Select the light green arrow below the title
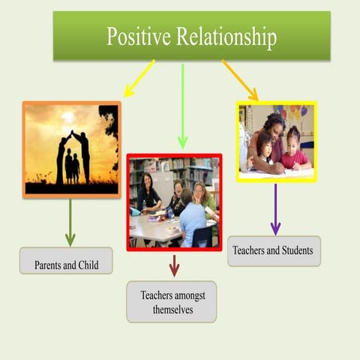click(x=182, y=105)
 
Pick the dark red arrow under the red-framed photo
click(x=174, y=265)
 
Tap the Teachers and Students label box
click(x=274, y=250)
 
